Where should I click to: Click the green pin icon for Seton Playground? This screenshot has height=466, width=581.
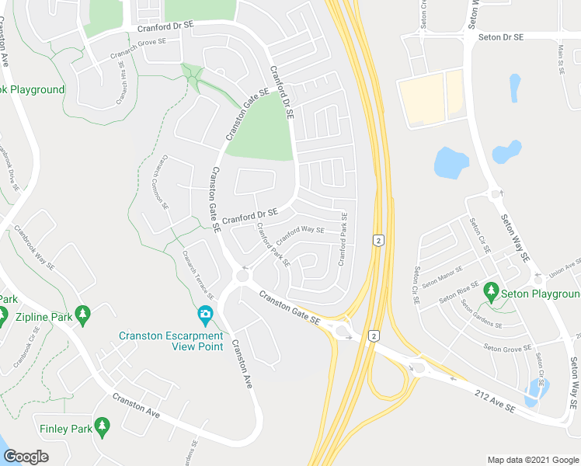pyautogui.click(x=490, y=291)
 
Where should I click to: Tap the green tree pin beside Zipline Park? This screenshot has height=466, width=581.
pyautogui.click(x=84, y=315)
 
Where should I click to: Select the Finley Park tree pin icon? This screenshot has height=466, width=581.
pyautogui.click(x=102, y=426)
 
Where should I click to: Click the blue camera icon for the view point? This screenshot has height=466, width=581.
pyautogui.click(x=205, y=315)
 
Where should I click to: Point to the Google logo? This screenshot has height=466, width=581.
pyautogui.click(x=26, y=456)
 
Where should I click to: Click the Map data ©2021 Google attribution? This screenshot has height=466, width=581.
pyautogui.click(x=533, y=460)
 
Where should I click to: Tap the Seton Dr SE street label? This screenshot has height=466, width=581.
pyautogui.click(x=501, y=37)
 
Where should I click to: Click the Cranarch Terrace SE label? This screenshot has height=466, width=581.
pyautogui.click(x=197, y=274)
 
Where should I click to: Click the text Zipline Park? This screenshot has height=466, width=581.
pyautogui.click(x=44, y=317)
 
